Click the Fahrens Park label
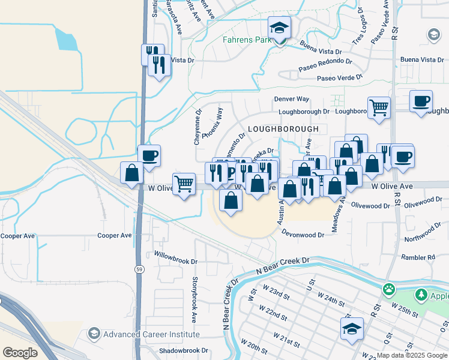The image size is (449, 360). (243, 40)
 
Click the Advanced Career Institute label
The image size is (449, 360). (149, 334)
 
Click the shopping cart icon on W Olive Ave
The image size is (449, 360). (184, 182)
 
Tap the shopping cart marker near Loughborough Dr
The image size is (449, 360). (379, 108)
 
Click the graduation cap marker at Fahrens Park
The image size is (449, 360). (279, 28)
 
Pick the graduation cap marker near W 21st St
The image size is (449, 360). (352, 328)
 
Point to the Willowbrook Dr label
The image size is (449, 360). (176, 262)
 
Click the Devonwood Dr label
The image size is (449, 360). (303, 235)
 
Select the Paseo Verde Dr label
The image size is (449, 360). (340, 77)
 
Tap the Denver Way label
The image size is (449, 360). (292, 98)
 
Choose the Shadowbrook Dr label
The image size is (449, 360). (183, 350)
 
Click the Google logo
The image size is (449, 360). (20, 353)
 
